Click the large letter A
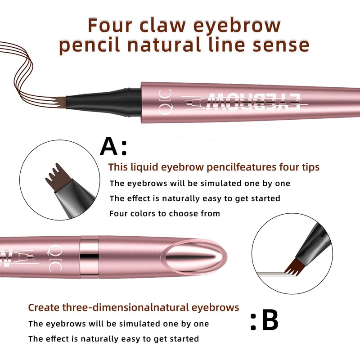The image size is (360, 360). pos(109,146)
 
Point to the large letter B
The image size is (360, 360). pos(270,321)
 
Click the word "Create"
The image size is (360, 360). pos(42,308)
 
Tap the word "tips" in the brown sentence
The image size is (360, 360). pos(310,167)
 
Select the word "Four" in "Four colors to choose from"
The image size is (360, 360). pos(118,213)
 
